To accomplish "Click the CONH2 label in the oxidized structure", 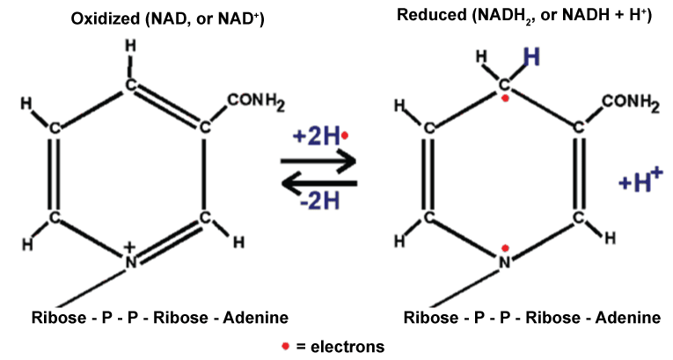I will pos(255,105).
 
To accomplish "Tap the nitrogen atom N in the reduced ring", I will pos(505,261).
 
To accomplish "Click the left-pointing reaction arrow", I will pos(318,183).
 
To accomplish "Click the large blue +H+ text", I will pos(639,182).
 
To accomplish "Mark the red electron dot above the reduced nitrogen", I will pos(505,248).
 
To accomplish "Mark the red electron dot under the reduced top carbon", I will pos(505,99).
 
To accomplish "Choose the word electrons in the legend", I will pos(348,346).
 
